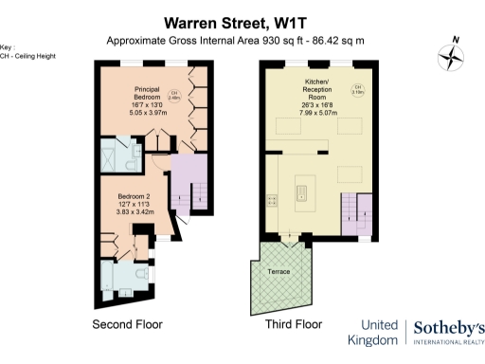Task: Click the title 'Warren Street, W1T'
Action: tap(242, 21)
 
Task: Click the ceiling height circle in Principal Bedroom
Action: tap(174, 95)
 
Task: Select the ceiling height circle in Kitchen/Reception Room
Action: tap(357, 92)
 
